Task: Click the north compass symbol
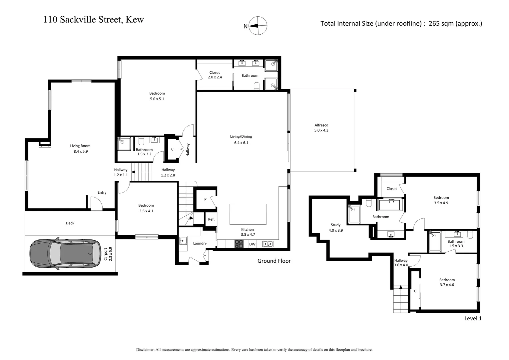click(258, 26)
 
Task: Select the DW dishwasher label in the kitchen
click(253, 244)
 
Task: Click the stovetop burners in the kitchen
click(239, 244)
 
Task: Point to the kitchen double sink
click(267, 244)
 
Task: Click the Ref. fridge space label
click(211, 219)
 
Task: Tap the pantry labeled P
click(205, 199)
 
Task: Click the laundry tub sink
click(183, 241)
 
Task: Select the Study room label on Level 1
click(335, 225)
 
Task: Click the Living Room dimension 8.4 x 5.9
click(80, 151)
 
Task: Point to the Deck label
click(70, 223)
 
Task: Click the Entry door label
click(102, 192)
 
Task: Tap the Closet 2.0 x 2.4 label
click(215, 75)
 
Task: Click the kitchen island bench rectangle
click(248, 214)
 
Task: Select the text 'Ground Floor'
click(274, 261)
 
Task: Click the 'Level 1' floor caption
click(473, 318)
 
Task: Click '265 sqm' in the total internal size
click(441, 23)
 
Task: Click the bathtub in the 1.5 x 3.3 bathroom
click(435, 241)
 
